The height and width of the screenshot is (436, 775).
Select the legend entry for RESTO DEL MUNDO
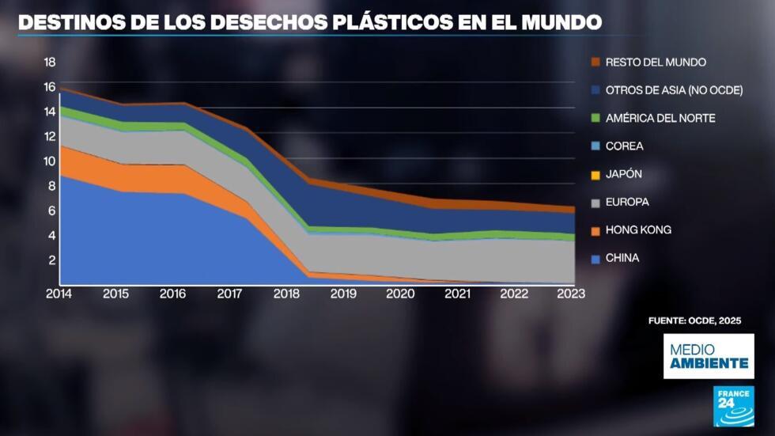coord(656,62)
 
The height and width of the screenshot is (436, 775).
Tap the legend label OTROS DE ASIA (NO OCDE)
coord(674,90)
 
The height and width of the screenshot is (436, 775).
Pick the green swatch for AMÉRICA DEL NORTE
coord(595,118)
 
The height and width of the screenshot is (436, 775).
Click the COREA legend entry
coord(624,146)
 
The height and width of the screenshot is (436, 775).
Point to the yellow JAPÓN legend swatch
coord(595,174)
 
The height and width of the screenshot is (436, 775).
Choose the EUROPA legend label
coord(627,202)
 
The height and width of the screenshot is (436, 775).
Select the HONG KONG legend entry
coord(638,230)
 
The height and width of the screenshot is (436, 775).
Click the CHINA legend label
coord(622,258)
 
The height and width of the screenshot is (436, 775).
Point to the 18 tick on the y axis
coord(49,62)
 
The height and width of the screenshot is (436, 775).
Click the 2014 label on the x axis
coord(59,294)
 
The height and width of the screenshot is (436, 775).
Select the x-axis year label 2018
coord(286,294)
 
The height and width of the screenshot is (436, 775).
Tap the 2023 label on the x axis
coord(570,294)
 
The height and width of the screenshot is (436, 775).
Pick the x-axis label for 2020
coord(399,294)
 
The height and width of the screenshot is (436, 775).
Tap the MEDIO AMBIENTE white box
coord(708,356)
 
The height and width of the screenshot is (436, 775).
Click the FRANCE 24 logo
coord(733,406)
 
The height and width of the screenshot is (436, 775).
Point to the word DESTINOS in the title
coord(64,22)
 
